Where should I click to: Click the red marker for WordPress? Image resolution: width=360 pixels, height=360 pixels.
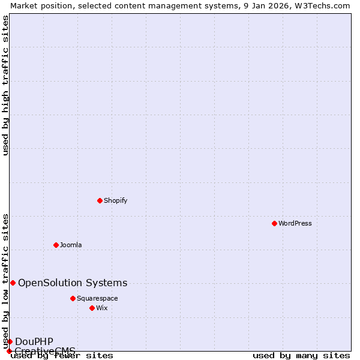(x=274, y=223)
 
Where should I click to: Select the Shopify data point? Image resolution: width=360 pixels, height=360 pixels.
(x=100, y=200)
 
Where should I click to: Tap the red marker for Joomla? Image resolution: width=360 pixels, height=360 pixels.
(x=56, y=245)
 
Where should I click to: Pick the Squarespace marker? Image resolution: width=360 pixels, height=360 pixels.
(x=73, y=298)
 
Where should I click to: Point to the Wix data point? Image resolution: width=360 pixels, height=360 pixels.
(x=92, y=308)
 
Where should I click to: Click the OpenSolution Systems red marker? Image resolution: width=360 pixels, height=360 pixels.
(x=13, y=283)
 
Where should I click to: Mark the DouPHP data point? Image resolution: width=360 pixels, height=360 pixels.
(x=10, y=341)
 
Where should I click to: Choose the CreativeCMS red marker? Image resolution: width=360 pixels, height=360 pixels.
(x=9, y=351)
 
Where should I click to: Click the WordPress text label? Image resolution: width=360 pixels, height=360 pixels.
(x=295, y=223)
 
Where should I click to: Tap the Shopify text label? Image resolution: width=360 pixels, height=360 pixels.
(x=115, y=200)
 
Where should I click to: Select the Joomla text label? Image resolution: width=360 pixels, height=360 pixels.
(x=71, y=245)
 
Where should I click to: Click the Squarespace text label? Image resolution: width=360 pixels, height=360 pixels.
(x=97, y=298)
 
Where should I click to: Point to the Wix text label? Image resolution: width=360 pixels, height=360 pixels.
(x=101, y=308)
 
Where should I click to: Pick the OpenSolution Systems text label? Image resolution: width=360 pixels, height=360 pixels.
(x=73, y=283)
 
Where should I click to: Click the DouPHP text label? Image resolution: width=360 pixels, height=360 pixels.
(x=34, y=341)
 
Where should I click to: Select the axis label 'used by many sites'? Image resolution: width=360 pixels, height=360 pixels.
(x=301, y=356)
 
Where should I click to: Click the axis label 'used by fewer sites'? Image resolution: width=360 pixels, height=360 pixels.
(x=62, y=356)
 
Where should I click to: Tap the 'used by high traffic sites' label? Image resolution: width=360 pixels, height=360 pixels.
(x=5, y=85)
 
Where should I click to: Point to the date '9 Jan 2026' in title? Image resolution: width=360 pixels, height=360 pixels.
(x=265, y=5)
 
